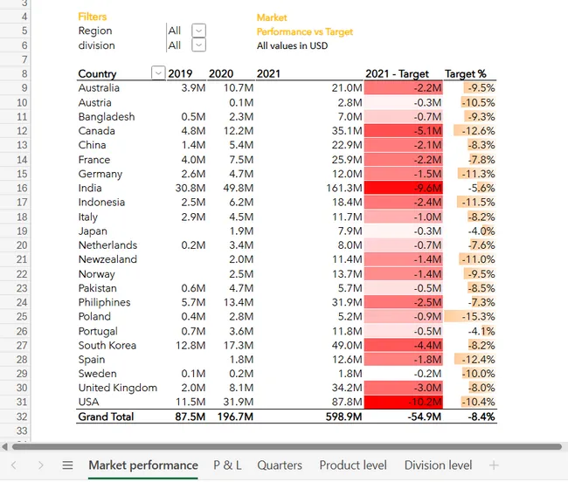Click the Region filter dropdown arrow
click(x=198, y=31)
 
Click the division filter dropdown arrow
click(x=198, y=45)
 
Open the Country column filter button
click(x=157, y=73)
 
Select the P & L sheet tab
click(x=227, y=465)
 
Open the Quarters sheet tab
click(x=280, y=465)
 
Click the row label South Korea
click(x=107, y=346)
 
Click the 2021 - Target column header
click(x=398, y=74)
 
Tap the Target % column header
click(x=466, y=74)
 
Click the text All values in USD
click(x=293, y=45)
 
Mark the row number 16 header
click(x=22, y=188)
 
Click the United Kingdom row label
click(x=118, y=389)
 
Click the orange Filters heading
click(x=93, y=17)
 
